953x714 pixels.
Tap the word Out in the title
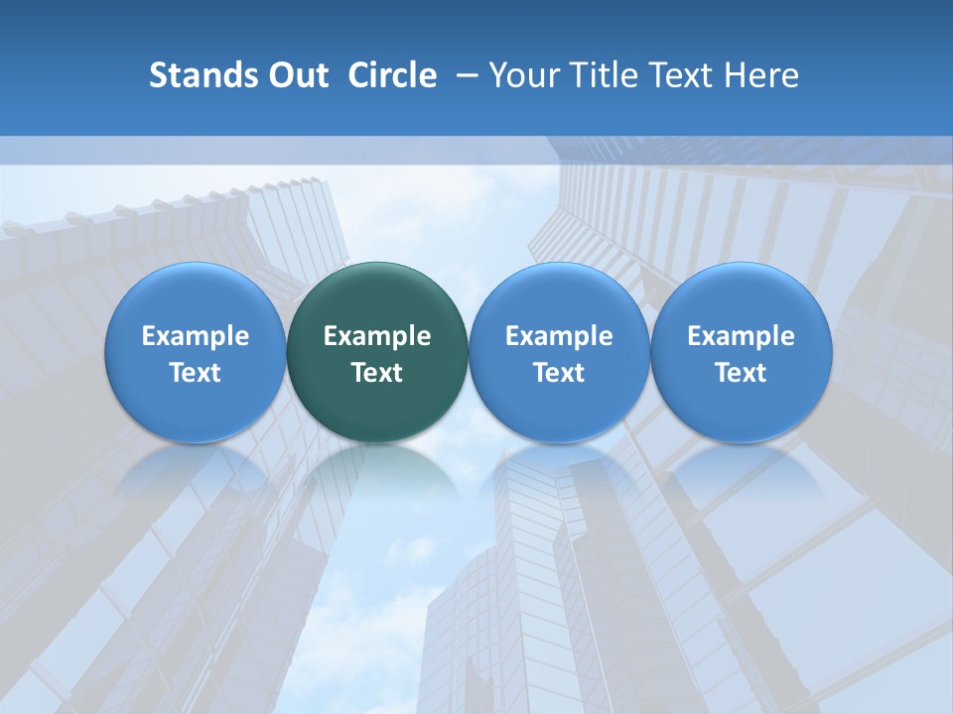point(296,75)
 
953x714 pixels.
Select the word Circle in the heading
point(392,75)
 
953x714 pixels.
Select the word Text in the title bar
point(671,75)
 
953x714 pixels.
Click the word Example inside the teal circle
point(377,336)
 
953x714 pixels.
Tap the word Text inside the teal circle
point(377,373)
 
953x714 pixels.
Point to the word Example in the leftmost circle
point(195,336)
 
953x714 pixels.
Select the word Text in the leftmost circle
point(195,373)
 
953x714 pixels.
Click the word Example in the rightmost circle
point(741,336)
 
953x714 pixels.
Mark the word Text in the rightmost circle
point(741,373)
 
